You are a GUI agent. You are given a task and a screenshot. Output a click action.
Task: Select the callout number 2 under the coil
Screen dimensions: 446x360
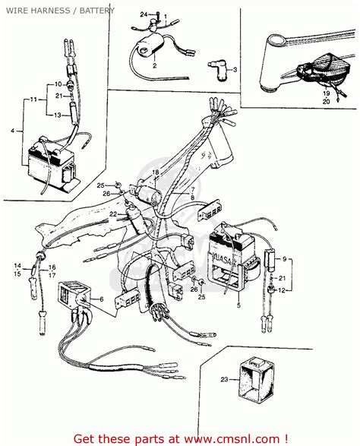tap(154, 66)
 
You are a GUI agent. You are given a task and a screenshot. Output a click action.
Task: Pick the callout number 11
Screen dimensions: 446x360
tap(33, 100)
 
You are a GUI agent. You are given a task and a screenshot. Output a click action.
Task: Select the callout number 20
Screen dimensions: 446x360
tap(327, 100)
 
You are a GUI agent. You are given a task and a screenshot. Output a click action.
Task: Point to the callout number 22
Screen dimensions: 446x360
tap(112, 215)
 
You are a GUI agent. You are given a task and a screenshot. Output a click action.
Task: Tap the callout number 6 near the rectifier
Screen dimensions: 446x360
tap(100, 300)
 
